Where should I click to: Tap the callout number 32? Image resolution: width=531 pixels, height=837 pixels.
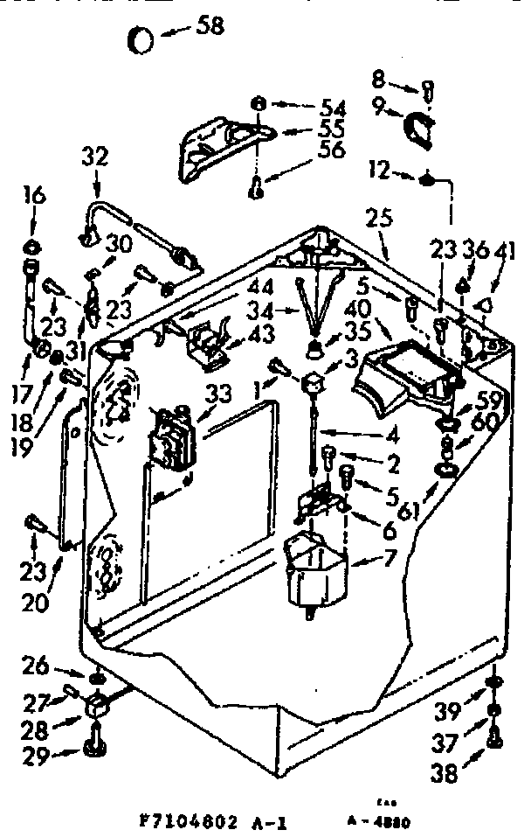[95, 157]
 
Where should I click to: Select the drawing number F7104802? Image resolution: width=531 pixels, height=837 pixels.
[189, 823]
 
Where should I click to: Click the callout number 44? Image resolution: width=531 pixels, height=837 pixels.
[260, 286]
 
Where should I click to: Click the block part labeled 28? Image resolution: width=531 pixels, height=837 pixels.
[97, 703]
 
